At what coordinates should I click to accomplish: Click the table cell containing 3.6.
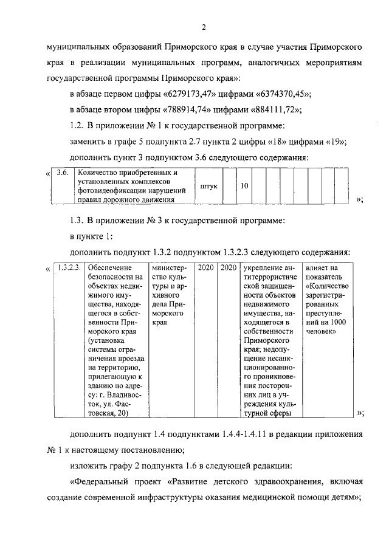[x=61, y=173]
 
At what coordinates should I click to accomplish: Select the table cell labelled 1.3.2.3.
[x=67, y=267]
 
